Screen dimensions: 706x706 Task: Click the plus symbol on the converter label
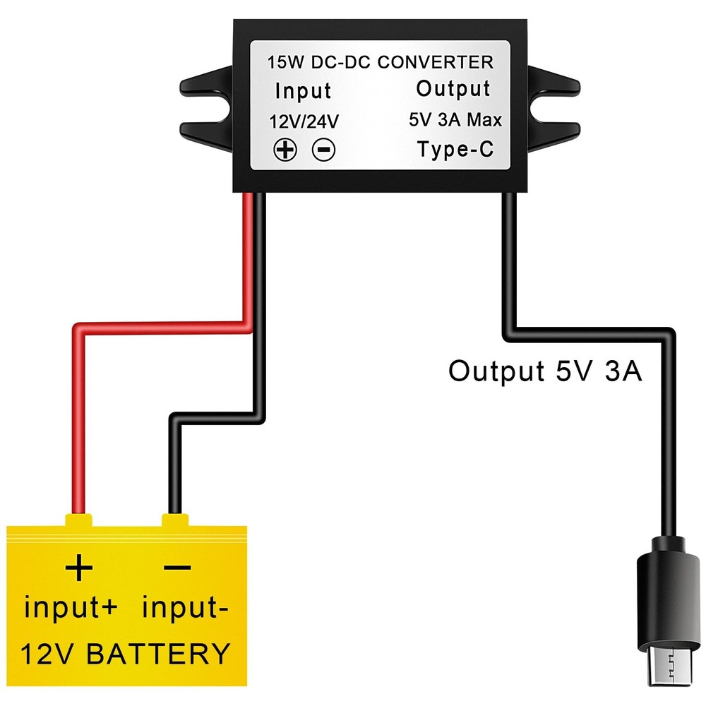coord(285,150)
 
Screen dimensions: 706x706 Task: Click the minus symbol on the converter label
coord(323,150)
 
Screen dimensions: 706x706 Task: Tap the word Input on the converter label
coord(302,91)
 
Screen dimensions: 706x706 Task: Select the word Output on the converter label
coord(453,89)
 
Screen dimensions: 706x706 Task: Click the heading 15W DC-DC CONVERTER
coord(380,62)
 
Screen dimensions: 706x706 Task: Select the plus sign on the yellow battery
coord(79,567)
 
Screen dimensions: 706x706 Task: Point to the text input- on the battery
coord(186,607)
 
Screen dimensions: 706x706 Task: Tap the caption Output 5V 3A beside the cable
coord(545,371)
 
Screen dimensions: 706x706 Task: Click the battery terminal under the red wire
coord(78,521)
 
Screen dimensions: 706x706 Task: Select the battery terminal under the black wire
coord(175,521)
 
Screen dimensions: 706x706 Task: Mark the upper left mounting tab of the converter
coord(206,82)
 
